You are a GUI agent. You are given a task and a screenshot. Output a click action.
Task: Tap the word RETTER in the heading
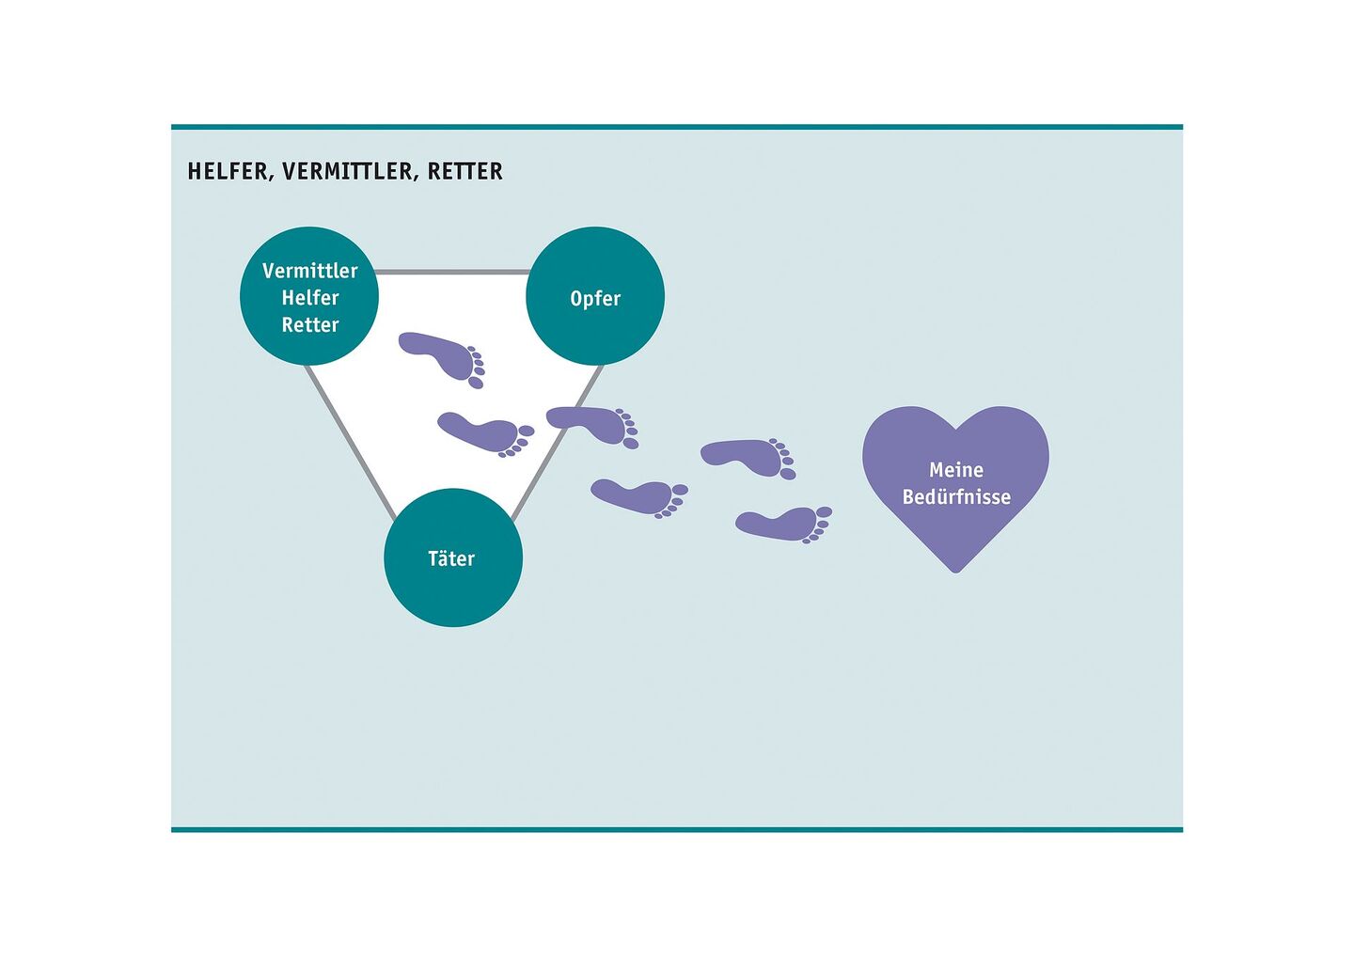[465, 171]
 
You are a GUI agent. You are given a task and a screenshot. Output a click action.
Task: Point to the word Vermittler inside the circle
[309, 271]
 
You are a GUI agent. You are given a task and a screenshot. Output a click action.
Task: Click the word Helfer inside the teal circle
[309, 298]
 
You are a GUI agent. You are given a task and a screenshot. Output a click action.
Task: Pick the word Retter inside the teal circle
[309, 325]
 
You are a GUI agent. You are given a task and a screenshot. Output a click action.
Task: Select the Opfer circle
[595, 296]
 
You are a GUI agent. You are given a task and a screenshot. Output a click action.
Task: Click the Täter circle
[452, 557]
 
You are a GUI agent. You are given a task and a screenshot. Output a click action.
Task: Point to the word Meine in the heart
[955, 470]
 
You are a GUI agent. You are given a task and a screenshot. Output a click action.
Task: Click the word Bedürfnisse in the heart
[955, 497]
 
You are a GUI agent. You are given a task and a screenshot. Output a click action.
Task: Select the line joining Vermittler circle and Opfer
[452, 273]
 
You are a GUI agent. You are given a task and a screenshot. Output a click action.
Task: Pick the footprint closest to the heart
[782, 523]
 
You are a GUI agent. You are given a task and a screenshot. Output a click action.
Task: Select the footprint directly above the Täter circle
[482, 432]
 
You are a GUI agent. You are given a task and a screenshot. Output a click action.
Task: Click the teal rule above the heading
[676, 126]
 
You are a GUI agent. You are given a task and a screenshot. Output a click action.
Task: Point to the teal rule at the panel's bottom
[676, 829]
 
